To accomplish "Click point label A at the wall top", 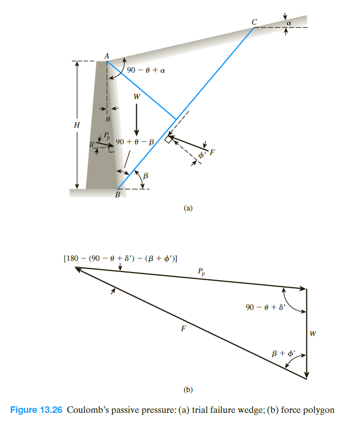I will pos(107,57).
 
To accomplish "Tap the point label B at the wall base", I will pos(117,195).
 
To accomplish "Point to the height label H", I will pos(77,126).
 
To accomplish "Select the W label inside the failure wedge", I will pos(136,96).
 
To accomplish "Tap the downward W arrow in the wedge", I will pos(137,119).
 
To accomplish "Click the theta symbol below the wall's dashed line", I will pos(108,120).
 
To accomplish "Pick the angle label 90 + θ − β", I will pos(135,142).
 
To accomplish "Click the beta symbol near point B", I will pos(146,176).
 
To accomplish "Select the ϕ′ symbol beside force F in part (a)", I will pos(202,156).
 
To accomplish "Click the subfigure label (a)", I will pos(188,207).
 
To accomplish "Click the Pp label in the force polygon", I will pos(201,272).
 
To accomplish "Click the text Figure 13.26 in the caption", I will pos(35,410).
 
